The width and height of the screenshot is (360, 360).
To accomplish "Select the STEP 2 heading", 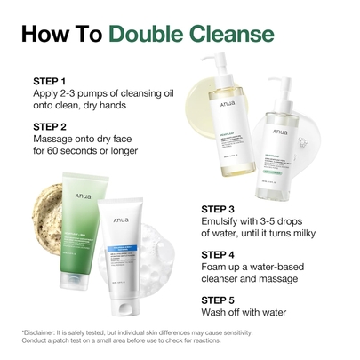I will pyautogui.click(x=51, y=126).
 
